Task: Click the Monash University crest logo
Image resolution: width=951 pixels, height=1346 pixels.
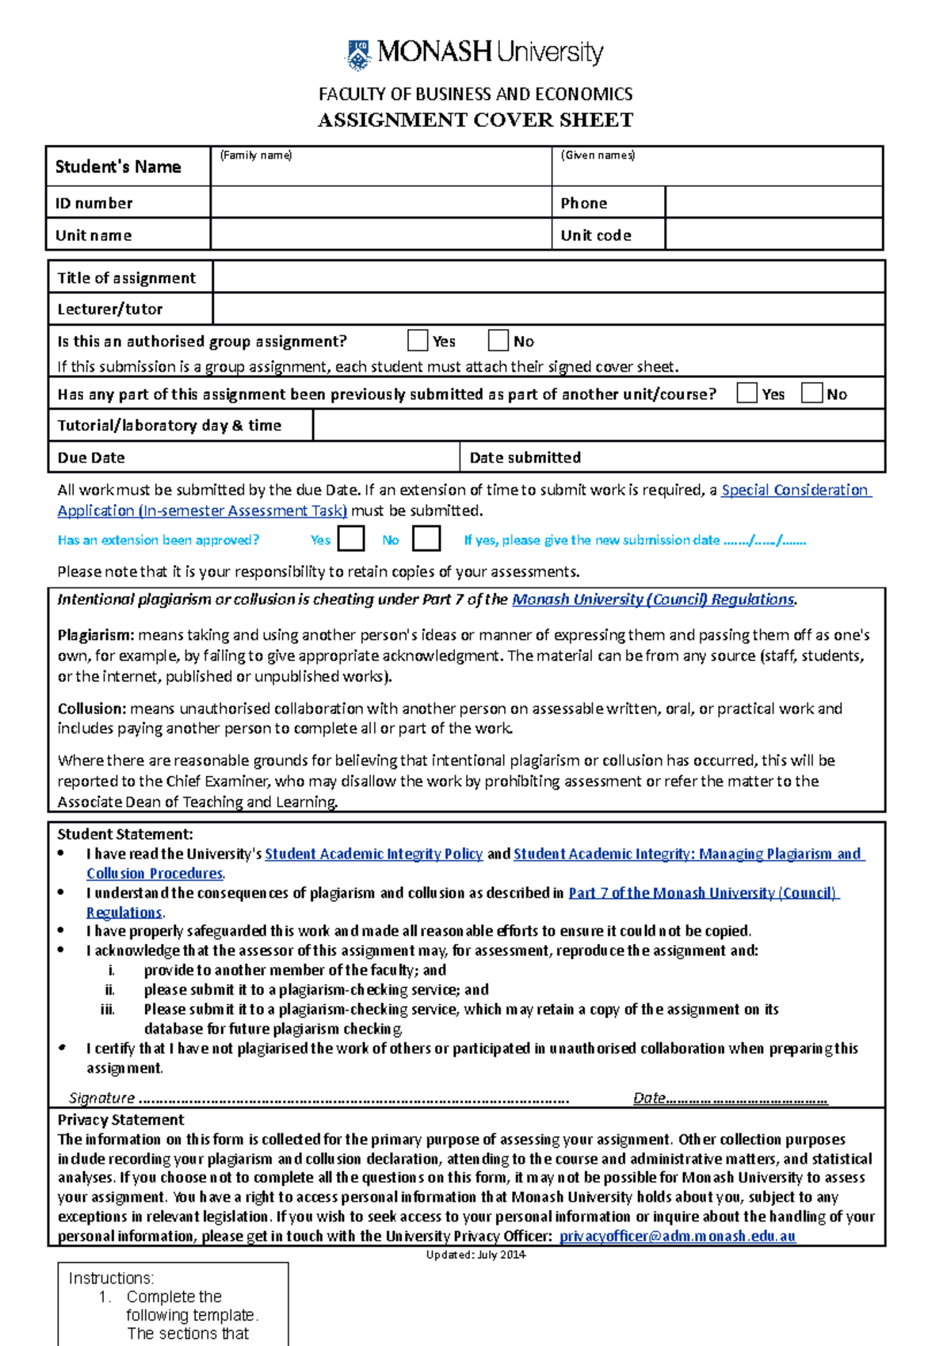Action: [359, 55]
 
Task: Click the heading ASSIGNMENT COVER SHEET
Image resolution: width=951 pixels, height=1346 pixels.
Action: [475, 120]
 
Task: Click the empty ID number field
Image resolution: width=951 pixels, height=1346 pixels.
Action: [380, 203]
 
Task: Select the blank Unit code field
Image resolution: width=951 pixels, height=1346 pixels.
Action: [773, 235]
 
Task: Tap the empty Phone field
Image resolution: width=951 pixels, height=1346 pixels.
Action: [773, 203]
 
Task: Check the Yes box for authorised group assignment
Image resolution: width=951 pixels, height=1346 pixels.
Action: [418, 341]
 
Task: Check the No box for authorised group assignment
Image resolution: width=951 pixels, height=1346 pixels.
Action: [498, 341]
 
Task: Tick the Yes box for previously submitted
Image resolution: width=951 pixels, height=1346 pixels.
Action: [747, 393]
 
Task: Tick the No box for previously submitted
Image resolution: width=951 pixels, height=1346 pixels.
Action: [812, 393]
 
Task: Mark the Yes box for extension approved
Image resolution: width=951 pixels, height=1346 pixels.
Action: [351, 539]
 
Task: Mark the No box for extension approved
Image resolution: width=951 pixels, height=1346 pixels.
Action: [426, 539]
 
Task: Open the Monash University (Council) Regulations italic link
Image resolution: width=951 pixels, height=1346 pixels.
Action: [653, 600]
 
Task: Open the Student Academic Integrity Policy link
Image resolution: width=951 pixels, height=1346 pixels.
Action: [373, 854]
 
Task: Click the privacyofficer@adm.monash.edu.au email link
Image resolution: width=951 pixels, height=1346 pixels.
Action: [677, 1236]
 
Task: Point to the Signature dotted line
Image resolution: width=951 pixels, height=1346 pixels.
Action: [353, 1099]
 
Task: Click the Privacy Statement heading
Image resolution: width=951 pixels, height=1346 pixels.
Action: [120, 1119]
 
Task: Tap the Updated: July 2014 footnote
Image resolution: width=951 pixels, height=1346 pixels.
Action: [475, 1254]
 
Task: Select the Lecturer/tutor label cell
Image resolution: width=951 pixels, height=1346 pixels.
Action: [110, 309]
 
